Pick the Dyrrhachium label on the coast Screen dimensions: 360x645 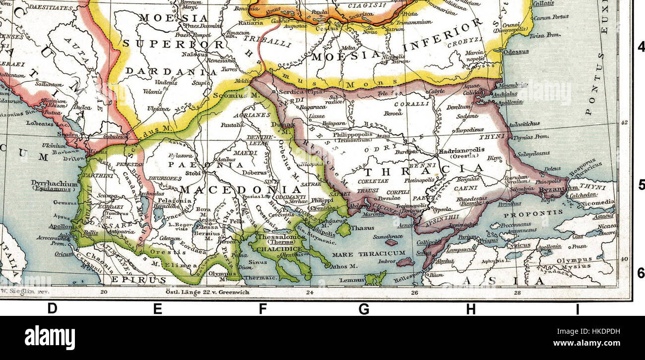tap(55, 183)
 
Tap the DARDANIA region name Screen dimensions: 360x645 tap(164, 71)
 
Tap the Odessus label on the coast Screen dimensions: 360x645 tap(516, 52)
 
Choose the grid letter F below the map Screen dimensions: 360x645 tap(262, 309)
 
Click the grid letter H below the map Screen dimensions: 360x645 tap(470, 309)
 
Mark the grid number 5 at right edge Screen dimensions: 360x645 tap(641, 185)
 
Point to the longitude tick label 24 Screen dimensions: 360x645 tap(310, 292)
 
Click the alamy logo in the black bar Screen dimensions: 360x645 tap(50, 338)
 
